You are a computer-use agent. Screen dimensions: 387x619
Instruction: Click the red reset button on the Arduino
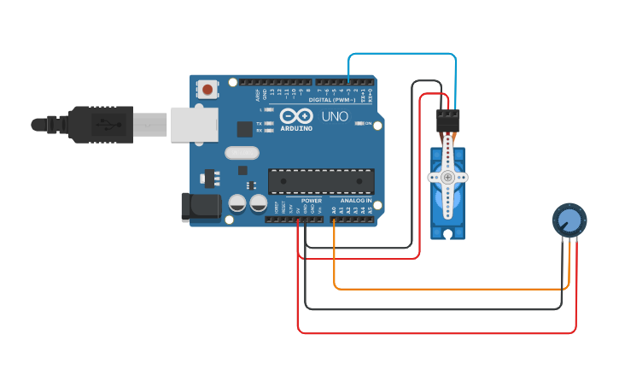(207, 88)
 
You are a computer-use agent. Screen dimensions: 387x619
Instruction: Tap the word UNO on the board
(335, 116)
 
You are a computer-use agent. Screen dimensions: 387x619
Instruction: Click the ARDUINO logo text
(296, 128)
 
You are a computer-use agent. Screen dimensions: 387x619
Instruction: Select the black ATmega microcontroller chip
(321, 181)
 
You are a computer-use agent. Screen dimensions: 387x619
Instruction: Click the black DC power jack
(201, 206)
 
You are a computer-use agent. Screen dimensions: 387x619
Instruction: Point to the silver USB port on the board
(194, 124)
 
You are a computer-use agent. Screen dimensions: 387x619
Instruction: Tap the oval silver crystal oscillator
(241, 153)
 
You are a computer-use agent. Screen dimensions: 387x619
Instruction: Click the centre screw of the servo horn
(448, 178)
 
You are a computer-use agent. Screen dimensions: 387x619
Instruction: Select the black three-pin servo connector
(447, 120)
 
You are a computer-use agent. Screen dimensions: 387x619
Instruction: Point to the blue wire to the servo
(401, 54)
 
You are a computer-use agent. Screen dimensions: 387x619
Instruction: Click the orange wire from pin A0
(444, 289)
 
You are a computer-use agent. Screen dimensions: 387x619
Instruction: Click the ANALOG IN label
(356, 200)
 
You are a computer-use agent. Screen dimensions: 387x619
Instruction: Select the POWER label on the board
(311, 200)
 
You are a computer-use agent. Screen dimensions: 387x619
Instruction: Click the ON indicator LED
(359, 124)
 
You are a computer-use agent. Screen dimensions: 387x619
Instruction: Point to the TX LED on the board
(269, 123)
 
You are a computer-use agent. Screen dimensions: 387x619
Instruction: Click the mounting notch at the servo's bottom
(447, 232)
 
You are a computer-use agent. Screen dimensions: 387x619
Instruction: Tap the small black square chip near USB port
(244, 129)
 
